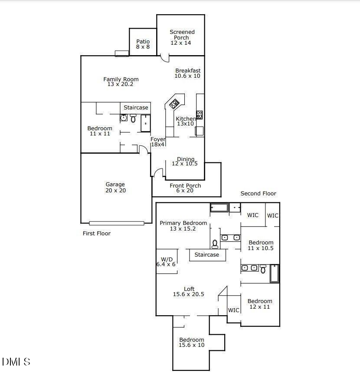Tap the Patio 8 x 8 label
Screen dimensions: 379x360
pos(143,44)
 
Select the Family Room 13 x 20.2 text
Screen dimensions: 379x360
pos(121,82)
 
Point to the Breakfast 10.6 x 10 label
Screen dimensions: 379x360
pos(188,73)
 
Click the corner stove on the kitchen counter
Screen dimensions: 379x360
pos(174,104)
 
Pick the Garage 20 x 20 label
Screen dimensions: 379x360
pos(115,187)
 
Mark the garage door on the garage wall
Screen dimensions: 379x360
pos(117,223)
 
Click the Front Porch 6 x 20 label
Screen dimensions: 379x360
pos(185,188)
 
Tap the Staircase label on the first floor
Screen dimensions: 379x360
pos(136,108)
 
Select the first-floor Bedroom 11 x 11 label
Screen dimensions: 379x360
pos(100,131)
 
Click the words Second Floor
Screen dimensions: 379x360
pos(258,194)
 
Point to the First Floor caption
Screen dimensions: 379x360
pos(97,234)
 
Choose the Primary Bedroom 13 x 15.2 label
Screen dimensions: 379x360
pos(183,226)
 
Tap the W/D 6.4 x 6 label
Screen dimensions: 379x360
pos(166,262)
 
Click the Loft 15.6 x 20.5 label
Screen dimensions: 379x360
pos(189,291)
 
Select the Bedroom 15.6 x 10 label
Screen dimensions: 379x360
pos(192,343)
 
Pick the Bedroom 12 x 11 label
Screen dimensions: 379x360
pos(260,304)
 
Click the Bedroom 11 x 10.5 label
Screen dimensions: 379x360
pos(261,245)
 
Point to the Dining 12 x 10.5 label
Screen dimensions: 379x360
pos(185,161)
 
